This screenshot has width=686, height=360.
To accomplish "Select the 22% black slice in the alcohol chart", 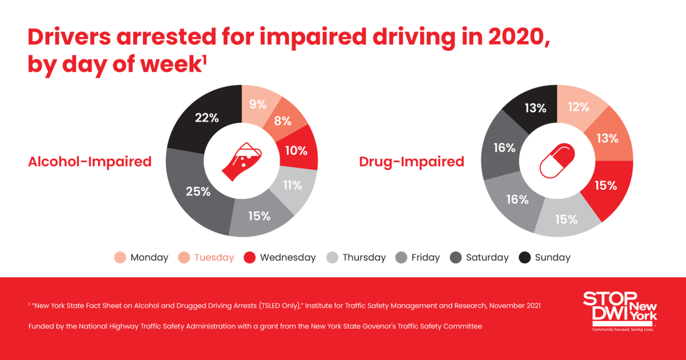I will click(206, 118).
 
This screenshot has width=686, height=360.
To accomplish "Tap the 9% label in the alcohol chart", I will click(258, 105).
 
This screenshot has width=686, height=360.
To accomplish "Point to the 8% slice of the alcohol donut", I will click(282, 121).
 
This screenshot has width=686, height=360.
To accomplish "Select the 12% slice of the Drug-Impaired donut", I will click(578, 107).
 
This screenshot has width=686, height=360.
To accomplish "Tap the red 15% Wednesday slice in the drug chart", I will click(605, 186).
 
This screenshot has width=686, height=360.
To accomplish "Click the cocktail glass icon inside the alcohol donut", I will click(241, 160).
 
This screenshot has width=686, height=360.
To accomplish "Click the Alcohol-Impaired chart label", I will click(90, 162).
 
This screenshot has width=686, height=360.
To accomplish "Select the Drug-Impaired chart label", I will click(412, 162).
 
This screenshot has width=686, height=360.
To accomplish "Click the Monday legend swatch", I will click(121, 258).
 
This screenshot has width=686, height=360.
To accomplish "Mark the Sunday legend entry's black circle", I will click(525, 258).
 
